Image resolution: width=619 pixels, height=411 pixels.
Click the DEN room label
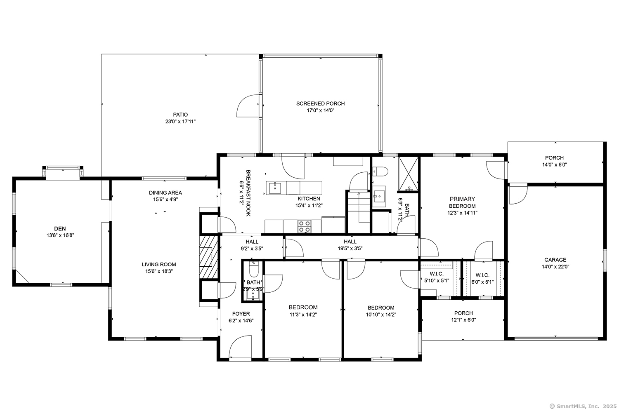tap(60, 228)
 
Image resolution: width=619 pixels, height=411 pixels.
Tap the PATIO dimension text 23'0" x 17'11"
tap(180, 122)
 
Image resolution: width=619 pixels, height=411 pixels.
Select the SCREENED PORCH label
tap(321, 103)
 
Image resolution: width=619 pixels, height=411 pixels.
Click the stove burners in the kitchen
tap(305, 226)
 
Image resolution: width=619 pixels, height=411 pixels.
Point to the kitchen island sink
tap(275, 188)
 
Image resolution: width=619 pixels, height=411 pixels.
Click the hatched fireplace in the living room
tap(209, 257)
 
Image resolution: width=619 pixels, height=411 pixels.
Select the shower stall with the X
tap(408, 174)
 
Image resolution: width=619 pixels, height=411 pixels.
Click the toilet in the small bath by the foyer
tap(253, 269)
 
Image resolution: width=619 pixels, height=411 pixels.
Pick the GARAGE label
tap(555, 260)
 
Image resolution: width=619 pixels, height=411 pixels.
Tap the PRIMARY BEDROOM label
tap(462, 202)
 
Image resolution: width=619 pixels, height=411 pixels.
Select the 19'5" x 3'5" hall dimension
tap(350, 249)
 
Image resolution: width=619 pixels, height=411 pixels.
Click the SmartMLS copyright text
tap(583, 406)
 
